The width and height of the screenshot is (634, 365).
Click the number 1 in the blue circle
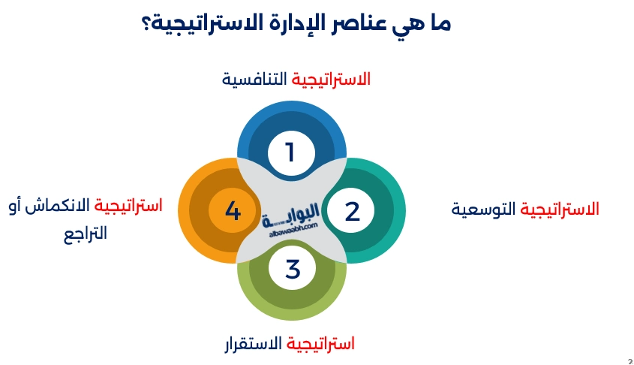[290, 153]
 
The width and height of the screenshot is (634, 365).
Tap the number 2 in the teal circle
[353, 212]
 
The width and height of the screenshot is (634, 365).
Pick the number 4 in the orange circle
[233, 212]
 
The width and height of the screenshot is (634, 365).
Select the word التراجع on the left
[85, 233]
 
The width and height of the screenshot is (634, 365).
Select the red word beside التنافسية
[331, 79]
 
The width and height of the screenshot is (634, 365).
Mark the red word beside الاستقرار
[322, 345]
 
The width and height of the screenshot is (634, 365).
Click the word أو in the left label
[16, 205]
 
